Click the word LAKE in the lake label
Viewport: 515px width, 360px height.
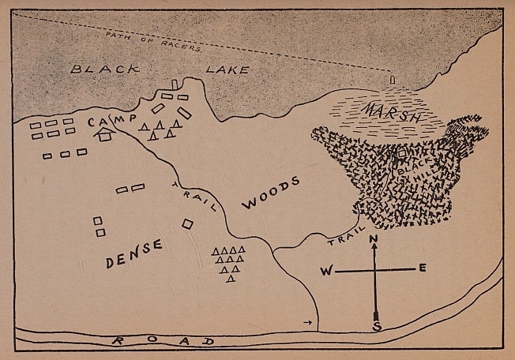pos(227,69)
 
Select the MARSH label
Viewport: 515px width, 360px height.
pos(393,111)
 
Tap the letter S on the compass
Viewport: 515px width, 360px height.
pos(377,326)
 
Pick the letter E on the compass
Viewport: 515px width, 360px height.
pos(423,269)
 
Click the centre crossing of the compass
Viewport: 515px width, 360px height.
pos(375,271)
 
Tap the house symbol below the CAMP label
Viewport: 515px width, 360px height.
pos(103,135)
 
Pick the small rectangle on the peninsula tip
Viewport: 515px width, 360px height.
pos(175,84)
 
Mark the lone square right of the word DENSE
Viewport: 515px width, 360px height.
pos(187,223)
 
